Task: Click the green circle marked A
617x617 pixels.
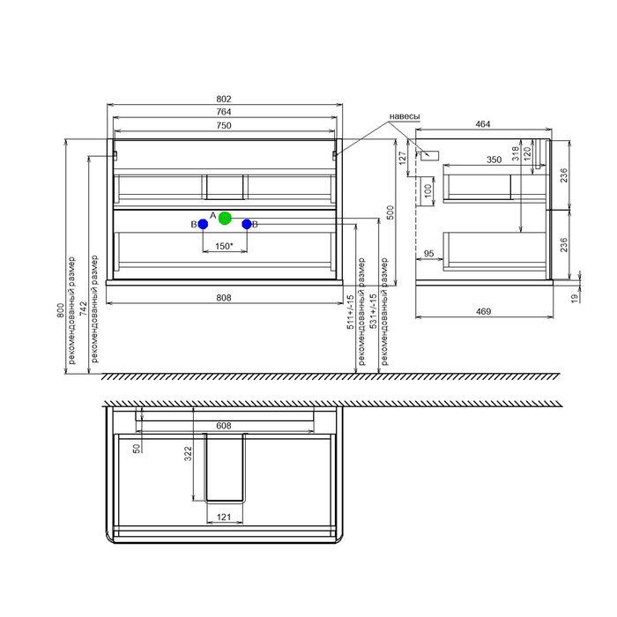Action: [225, 218]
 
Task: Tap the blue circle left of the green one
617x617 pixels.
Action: [203, 224]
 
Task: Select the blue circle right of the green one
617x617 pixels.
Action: [247, 224]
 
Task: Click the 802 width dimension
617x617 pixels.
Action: [224, 99]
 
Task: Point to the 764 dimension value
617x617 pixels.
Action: [224, 112]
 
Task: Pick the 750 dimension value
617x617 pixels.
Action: [224, 125]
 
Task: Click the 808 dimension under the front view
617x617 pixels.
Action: [224, 298]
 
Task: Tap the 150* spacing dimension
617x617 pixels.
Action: [224, 246]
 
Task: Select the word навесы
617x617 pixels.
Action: [405, 116]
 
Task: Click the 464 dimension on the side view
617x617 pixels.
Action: [483, 124]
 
